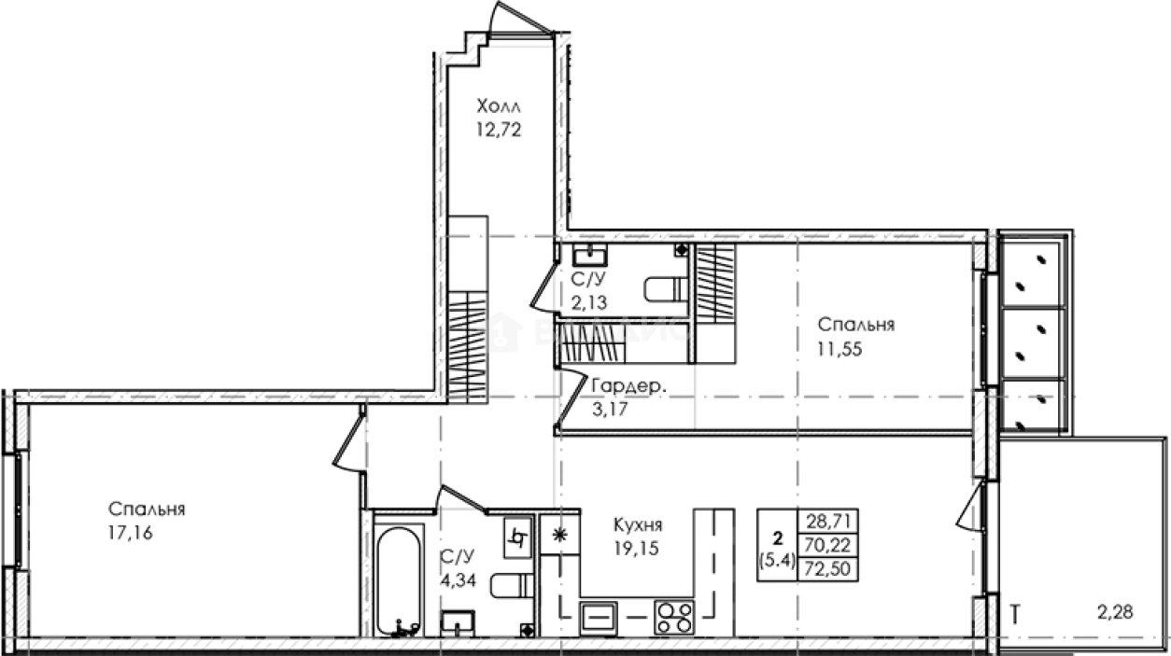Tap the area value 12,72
click(498, 130)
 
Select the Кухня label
click(639, 524)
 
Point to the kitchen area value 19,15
click(636, 549)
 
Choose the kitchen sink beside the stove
click(599, 616)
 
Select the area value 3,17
click(611, 409)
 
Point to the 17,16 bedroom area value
click(130, 533)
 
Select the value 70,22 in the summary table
click(826, 543)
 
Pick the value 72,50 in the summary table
click(826, 565)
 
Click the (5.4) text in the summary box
click(776, 561)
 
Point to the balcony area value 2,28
click(1116, 613)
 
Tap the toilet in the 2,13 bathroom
click(665, 290)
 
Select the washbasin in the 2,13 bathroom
click(588, 255)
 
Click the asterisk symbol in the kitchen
click(559, 535)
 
